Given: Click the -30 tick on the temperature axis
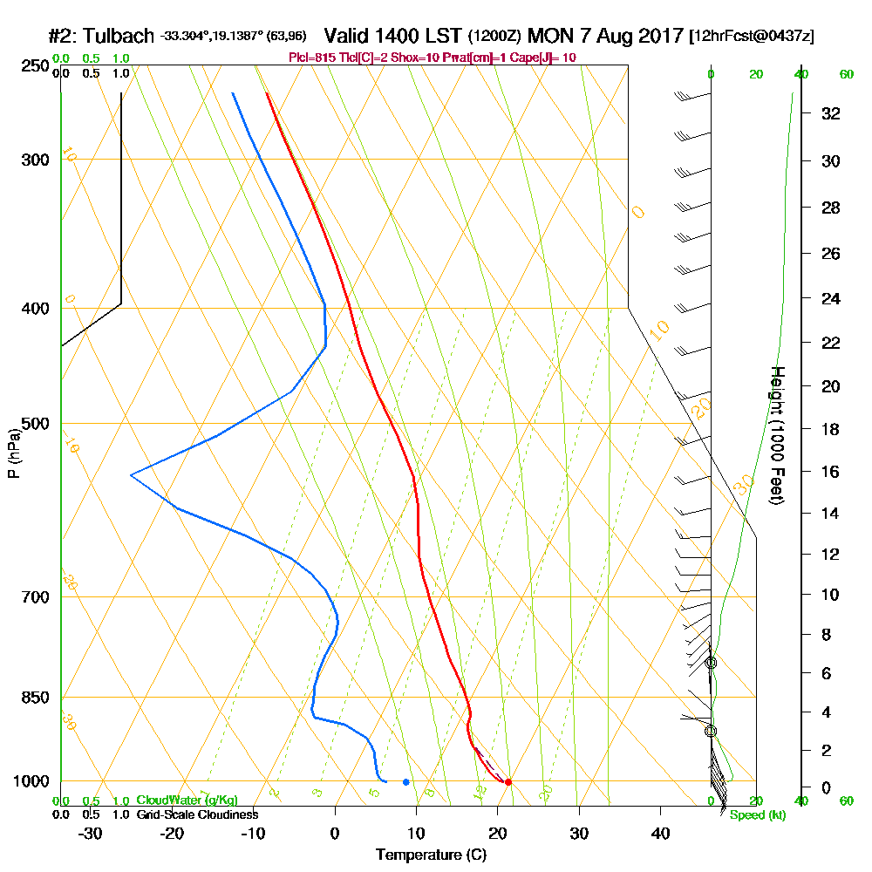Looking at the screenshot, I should [x=91, y=833].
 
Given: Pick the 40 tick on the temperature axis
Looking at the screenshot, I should [x=660, y=833].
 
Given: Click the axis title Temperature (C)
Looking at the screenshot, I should [x=431, y=855].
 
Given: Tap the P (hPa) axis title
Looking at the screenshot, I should [x=13, y=452].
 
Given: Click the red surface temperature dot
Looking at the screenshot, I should [x=508, y=781].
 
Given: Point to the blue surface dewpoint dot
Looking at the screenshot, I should [x=405, y=781].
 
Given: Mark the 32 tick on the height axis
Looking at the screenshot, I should [x=832, y=113].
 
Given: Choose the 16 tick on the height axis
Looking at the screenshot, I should [x=832, y=472].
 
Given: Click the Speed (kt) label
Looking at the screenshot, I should [x=754, y=814].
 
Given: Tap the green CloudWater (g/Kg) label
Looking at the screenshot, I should [x=187, y=800].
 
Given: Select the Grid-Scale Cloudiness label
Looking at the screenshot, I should [x=196, y=814].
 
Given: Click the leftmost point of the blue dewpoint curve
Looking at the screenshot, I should [x=131, y=475].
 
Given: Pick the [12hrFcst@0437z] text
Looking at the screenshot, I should [x=752, y=37].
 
